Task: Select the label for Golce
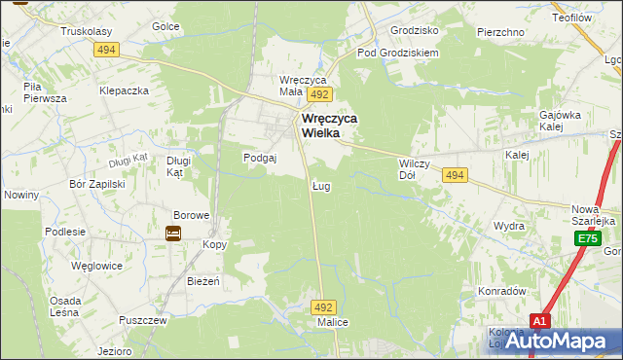tap(165, 26)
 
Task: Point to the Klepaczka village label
tap(123, 90)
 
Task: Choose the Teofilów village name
tap(573, 17)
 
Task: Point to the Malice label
tap(333, 322)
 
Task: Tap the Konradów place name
tap(501, 291)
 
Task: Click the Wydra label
tap(508, 225)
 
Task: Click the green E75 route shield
tap(586, 238)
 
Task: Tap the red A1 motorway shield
tap(541, 319)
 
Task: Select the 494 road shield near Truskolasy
tap(106, 50)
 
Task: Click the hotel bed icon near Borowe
tap(173, 234)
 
